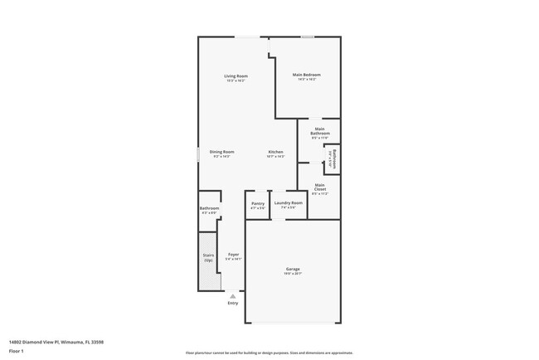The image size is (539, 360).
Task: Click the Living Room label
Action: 236,76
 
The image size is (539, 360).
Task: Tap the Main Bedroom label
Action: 307,75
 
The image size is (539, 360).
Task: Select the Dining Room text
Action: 221,152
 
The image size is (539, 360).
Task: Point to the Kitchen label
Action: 276,152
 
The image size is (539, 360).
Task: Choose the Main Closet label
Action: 320,189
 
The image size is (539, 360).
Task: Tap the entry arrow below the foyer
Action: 233,294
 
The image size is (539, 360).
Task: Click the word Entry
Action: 233,303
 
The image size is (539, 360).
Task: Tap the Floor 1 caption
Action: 17,351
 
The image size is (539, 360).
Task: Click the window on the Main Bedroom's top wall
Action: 307,36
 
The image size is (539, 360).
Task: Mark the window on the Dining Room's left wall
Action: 197,155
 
